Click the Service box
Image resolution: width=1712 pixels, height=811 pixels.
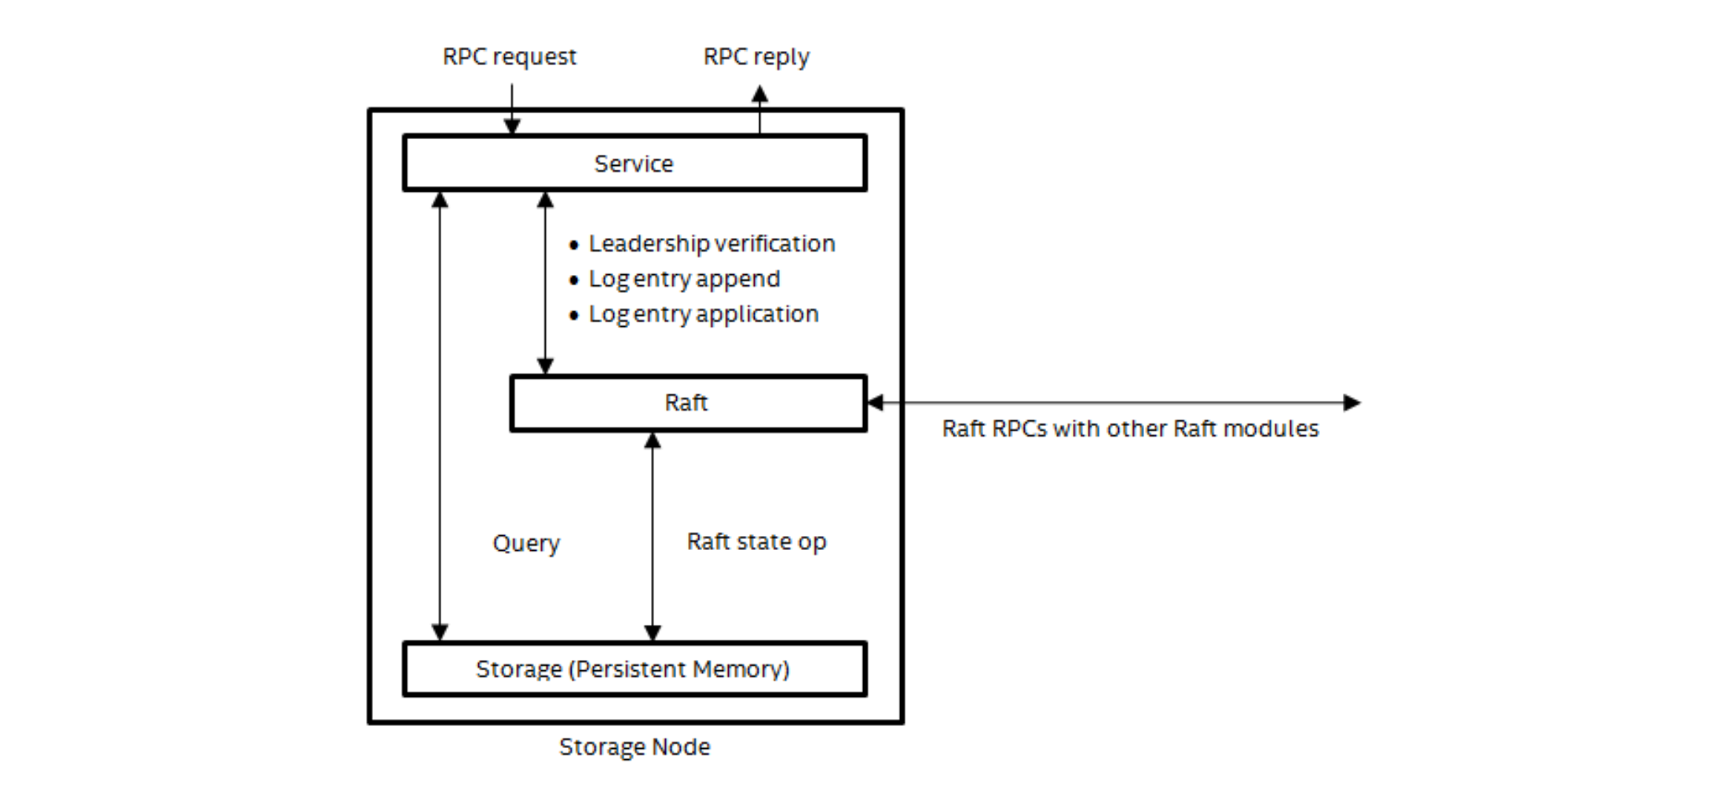pos(634,163)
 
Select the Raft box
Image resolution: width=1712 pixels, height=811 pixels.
pos(687,403)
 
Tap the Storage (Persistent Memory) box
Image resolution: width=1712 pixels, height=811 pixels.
pos(634,669)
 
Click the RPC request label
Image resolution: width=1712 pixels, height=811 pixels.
pos(509,57)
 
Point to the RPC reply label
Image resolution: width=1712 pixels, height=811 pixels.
pos(755,57)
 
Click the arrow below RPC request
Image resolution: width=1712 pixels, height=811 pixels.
pos(512,110)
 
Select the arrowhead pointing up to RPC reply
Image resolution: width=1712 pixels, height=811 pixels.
pos(759,95)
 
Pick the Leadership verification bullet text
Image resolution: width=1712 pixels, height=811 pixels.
pos(712,244)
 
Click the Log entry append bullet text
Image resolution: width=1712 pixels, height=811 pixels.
pos(684,279)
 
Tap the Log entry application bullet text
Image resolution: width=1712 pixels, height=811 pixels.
pos(703,314)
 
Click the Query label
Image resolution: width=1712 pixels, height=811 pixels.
pos(526,543)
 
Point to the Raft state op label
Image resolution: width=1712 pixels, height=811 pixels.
pos(755,541)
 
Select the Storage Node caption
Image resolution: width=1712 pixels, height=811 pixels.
pos(634,747)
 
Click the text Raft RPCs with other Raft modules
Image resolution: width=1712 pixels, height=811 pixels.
pos(1129,429)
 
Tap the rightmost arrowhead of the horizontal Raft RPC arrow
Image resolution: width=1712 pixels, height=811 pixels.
pos(1351,403)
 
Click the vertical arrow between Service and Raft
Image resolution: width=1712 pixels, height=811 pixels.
pos(545,283)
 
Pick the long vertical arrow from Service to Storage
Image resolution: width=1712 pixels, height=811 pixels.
pos(440,417)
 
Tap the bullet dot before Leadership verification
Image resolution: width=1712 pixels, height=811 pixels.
pos(574,245)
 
